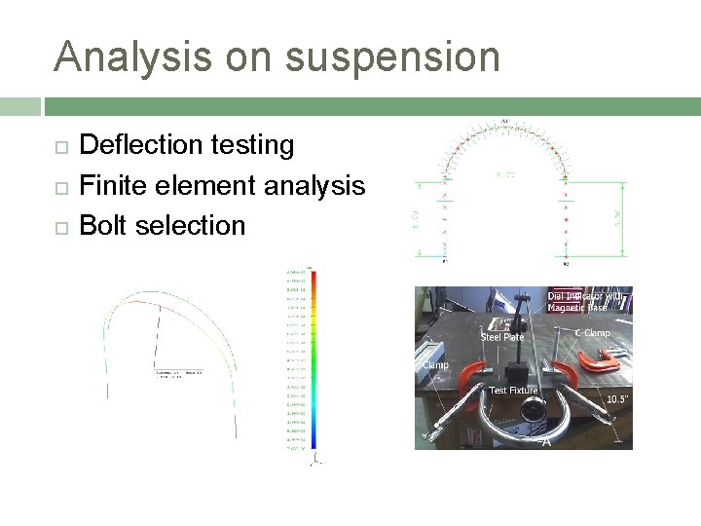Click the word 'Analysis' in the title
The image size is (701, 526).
[132, 57]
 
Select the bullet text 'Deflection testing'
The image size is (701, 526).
[186, 145]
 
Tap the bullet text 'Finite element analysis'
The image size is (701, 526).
[221, 185]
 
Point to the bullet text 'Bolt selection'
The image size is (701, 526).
[162, 225]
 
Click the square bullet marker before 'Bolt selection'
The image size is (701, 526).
[60, 227]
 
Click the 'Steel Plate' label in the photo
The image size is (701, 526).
[502, 337]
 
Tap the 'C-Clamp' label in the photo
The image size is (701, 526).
[592, 333]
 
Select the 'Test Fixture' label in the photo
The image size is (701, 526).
[513, 391]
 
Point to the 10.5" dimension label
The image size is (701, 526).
[618, 399]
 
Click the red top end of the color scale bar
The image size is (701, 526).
[314, 276]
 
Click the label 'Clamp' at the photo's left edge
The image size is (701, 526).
[434, 365]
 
